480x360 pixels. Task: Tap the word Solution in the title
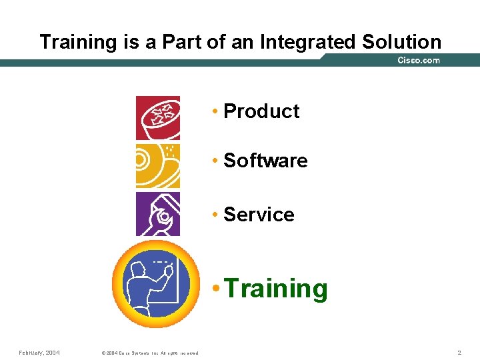(401, 42)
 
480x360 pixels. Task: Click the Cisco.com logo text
(418, 60)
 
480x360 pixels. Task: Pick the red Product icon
(158, 118)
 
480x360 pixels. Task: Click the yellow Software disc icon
(158, 166)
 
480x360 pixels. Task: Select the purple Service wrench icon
(158, 214)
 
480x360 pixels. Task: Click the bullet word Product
(261, 111)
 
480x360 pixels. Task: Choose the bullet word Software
(265, 161)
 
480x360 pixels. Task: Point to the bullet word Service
(259, 215)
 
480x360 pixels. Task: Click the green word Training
(276, 289)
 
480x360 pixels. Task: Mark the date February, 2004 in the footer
(39, 352)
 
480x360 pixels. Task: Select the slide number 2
(459, 352)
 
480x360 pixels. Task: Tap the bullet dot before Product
(215, 111)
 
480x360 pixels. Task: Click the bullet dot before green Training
(216, 289)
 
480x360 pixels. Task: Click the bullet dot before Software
(215, 161)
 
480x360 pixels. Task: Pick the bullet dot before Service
(215, 215)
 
